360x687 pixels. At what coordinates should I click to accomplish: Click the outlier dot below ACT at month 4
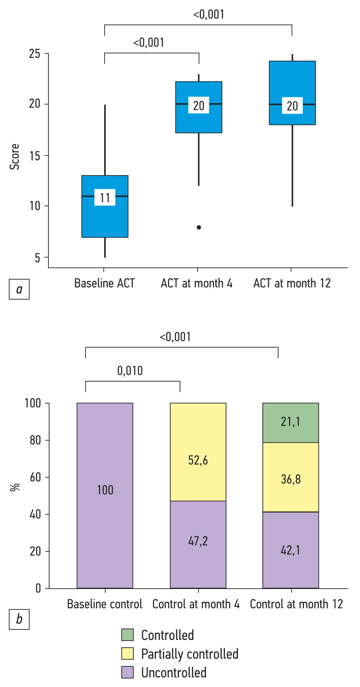click(199, 227)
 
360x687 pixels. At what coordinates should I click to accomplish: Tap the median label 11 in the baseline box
click(105, 198)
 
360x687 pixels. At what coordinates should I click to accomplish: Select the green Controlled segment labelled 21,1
click(291, 422)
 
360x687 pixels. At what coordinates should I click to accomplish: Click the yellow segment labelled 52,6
click(198, 460)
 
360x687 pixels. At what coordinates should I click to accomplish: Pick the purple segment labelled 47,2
click(198, 541)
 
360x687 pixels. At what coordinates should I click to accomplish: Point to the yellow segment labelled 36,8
click(291, 479)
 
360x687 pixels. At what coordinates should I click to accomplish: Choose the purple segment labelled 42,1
click(291, 550)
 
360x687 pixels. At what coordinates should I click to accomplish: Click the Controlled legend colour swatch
click(127, 635)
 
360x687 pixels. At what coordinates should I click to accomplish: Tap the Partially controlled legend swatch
click(127, 654)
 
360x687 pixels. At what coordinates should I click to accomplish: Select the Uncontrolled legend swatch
click(127, 672)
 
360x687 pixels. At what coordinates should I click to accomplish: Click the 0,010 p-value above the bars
click(130, 371)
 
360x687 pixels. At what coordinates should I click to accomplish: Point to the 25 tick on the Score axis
click(35, 54)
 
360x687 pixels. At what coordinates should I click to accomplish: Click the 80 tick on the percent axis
click(35, 440)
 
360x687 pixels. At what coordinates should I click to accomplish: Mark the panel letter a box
click(19, 289)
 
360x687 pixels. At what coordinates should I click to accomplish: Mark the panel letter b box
click(19, 619)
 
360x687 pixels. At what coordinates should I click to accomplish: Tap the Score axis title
click(14, 157)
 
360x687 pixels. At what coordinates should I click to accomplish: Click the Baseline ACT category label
click(105, 283)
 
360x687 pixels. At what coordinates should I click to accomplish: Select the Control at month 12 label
click(296, 604)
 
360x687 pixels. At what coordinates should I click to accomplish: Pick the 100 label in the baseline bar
click(105, 490)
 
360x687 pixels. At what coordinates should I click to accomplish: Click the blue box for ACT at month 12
click(292, 81)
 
